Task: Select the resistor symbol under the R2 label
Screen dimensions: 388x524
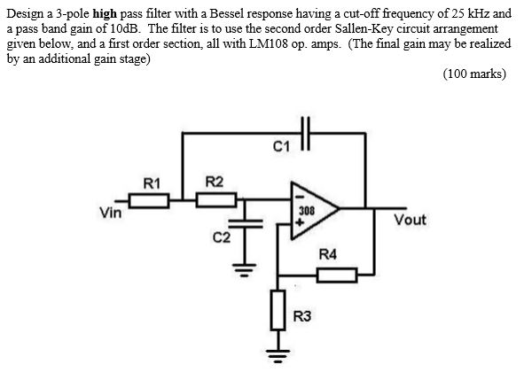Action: [215, 201]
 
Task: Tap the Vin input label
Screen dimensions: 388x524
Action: [111, 212]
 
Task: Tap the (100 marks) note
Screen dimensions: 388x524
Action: [473, 74]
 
